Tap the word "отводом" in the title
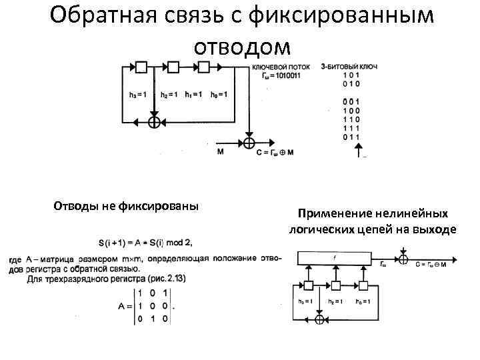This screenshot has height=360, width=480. (243, 46)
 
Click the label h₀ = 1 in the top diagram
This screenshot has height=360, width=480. (219, 94)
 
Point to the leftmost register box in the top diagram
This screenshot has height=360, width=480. (141, 67)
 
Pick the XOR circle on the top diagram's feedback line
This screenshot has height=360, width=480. (154, 122)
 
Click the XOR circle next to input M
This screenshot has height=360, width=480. (249, 143)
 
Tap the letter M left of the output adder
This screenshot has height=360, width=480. (220, 152)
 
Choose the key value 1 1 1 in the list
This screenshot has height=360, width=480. (351, 127)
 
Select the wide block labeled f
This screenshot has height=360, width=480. (335, 257)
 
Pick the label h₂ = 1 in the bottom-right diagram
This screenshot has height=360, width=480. (336, 302)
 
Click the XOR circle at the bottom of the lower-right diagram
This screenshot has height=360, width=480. (319, 320)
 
